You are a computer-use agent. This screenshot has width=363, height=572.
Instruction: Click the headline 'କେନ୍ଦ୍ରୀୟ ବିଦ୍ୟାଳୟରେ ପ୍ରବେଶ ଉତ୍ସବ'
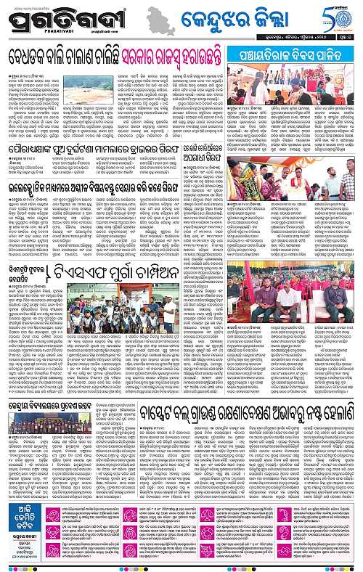(x=73, y=422)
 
